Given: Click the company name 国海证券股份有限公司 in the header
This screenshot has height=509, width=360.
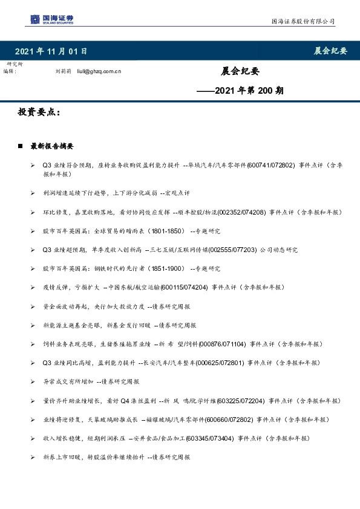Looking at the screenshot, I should (302, 22).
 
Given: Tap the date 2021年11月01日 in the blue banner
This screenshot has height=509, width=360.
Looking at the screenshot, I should (50, 51).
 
